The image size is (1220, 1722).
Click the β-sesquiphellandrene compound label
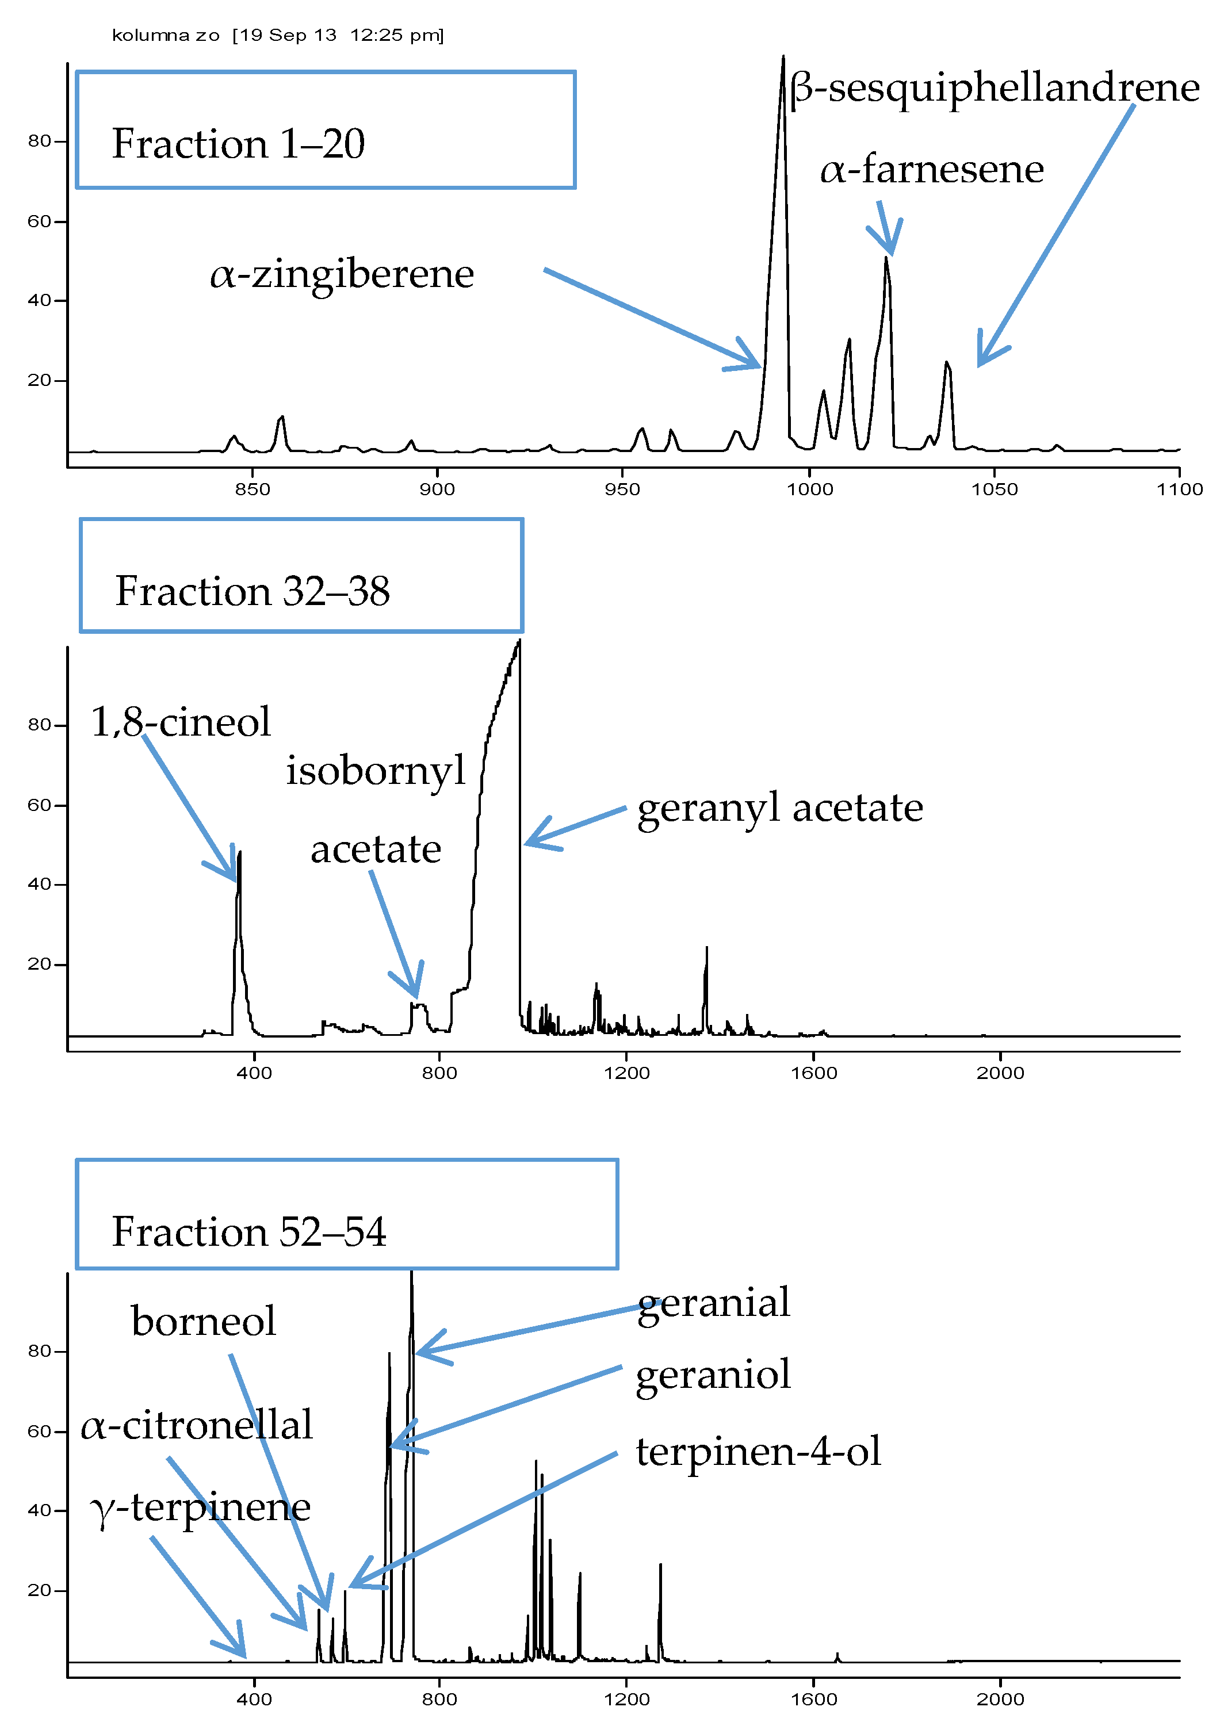994,89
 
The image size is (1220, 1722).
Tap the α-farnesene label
931,170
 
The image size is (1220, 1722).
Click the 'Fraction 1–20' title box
326,130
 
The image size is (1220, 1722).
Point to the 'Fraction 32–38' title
253,591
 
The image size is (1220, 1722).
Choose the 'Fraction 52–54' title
248,1231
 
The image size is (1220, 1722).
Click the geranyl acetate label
780,809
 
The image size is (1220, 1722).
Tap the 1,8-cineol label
180,722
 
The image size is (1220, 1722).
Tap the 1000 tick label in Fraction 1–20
809,489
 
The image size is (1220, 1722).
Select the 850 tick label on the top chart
253,489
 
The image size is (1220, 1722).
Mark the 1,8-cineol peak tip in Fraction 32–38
240,852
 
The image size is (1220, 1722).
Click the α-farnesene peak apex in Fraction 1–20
886,258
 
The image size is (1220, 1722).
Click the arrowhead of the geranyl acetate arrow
526,843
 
